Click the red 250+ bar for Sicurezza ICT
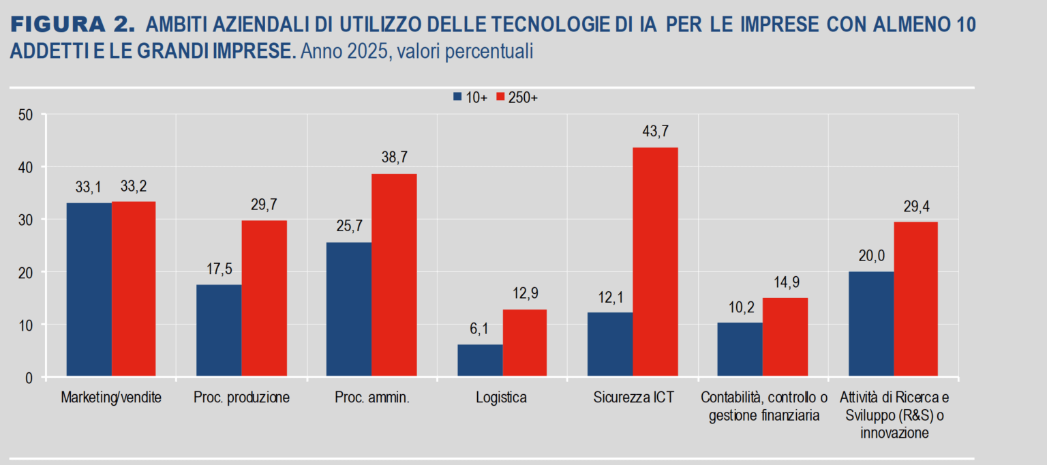[655, 262]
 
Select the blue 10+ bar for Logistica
[480, 360]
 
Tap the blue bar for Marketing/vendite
[89, 289]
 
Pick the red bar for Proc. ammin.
[394, 275]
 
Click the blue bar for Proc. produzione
[219, 330]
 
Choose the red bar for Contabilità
[785, 337]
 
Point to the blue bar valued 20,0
[871, 324]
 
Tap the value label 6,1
[480, 329]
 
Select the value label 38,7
[394, 157]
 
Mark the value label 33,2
[134, 185]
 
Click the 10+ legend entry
[470, 97]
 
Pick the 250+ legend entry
[517, 97]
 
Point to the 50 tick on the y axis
[25, 115]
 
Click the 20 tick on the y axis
[25, 272]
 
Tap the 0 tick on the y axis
[29, 377]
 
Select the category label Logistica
[501, 397]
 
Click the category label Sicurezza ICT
[633, 397]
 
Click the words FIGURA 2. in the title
[72, 26]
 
